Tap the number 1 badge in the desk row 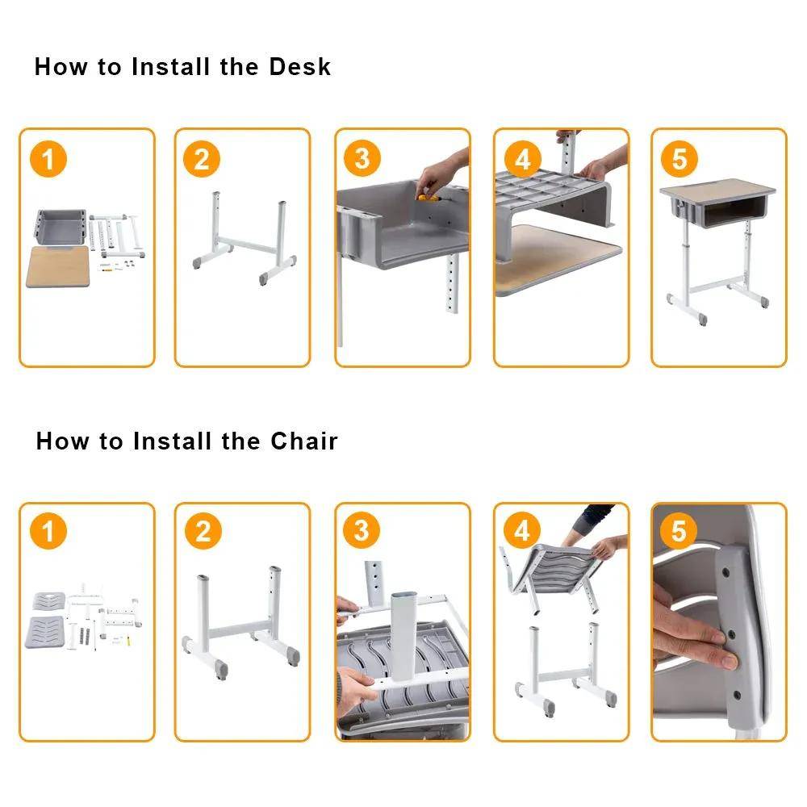tap(48, 160)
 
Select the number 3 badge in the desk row tap(362, 159)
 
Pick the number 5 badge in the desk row tap(679, 159)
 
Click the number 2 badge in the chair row tap(202, 532)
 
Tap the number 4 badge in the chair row tap(522, 531)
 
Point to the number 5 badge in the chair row tap(679, 531)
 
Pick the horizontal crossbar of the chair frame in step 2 tap(241, 632)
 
